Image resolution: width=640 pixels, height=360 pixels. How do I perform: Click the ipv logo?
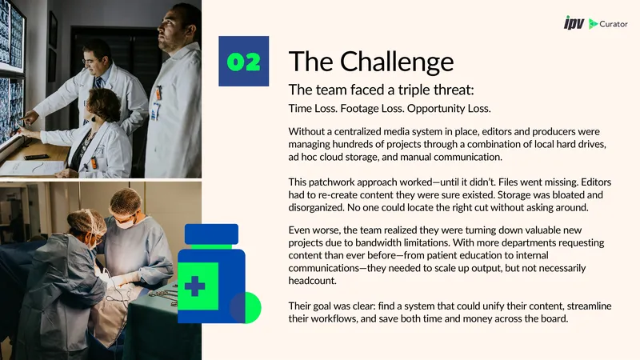coord(574,23)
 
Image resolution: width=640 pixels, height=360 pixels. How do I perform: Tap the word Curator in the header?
coord(614,24)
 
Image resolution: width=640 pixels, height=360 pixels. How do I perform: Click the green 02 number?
coord(244,62)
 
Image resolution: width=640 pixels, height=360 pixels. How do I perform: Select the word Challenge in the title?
coord(397,62)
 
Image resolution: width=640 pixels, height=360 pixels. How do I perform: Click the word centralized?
coord(362,131)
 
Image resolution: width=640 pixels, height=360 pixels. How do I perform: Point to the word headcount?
coord(313,281)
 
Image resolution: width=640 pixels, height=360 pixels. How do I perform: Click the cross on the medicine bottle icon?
coord(194,286)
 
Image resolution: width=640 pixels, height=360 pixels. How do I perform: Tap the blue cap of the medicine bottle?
coord(211,234)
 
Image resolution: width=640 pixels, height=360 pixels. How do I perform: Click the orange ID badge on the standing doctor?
coord(158,93)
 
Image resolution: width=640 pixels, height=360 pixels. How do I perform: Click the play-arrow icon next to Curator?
coord(593,24)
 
